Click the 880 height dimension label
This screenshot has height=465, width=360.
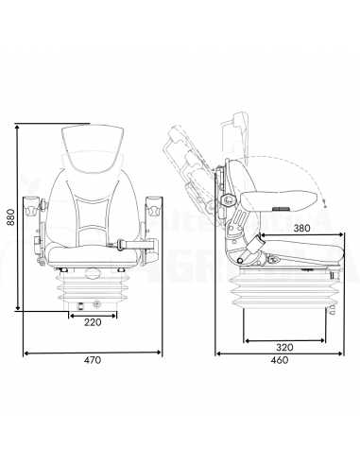point(9,216)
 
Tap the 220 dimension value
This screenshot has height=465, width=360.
point(91,323)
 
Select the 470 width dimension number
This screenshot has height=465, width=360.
point(91,360)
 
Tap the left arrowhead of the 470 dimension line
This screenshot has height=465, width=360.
point(26,353)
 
